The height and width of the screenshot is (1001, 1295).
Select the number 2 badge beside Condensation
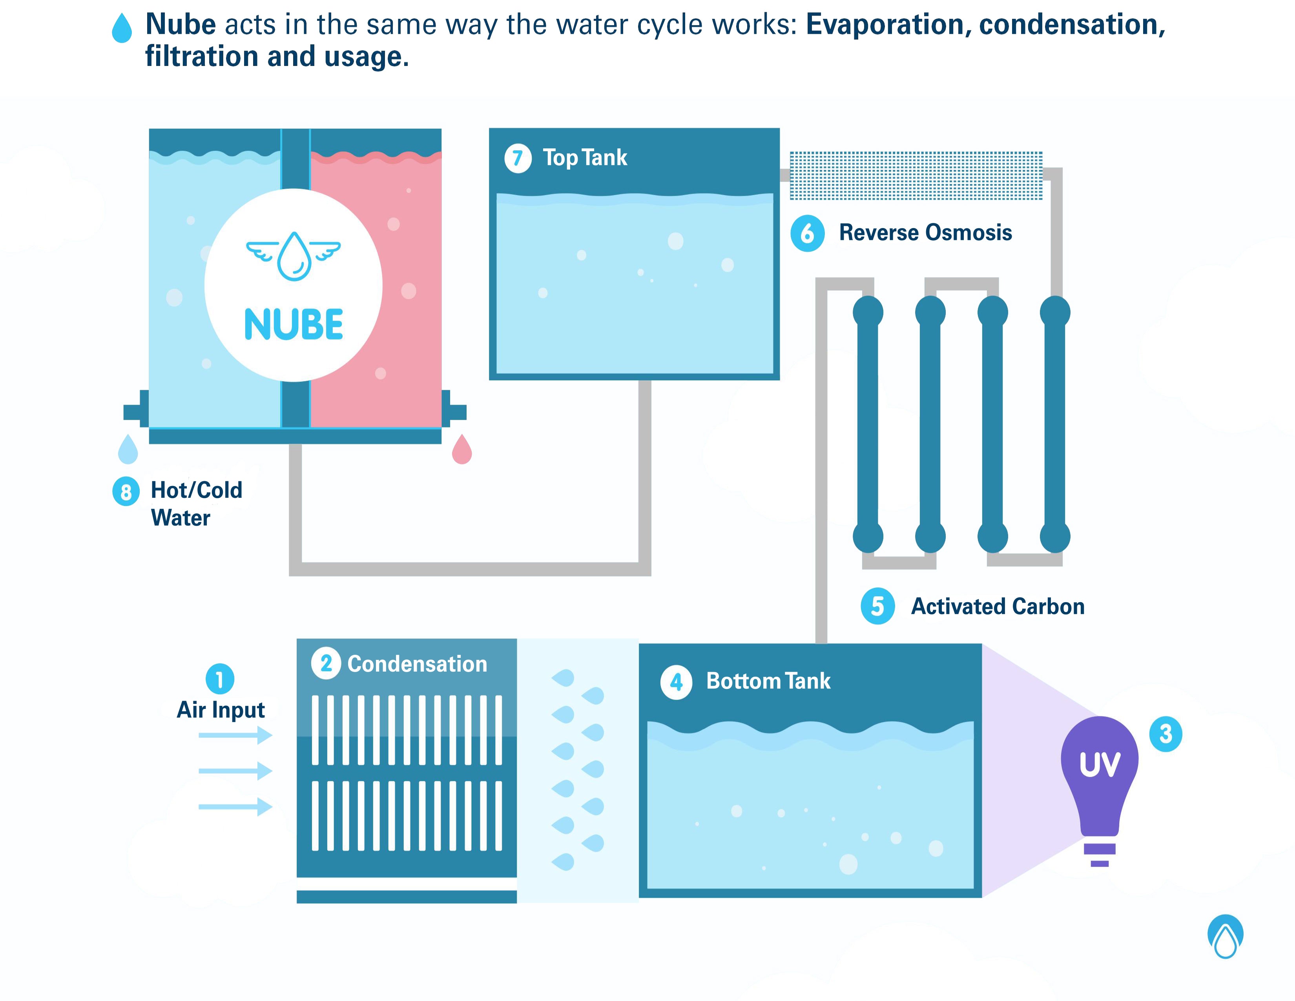coord(326,663)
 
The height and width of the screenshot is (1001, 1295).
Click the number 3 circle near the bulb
coord(1165,734)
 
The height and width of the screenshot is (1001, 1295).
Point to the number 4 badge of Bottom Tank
coord(676,683)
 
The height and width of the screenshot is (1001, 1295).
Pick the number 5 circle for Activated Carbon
coord(877,606)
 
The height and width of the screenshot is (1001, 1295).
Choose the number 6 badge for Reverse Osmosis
coord(807,233)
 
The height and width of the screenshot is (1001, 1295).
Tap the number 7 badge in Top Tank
coord(518,158)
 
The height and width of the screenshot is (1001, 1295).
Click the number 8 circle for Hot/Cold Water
coord(126,491)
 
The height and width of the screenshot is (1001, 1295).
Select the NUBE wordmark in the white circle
coord(294,324)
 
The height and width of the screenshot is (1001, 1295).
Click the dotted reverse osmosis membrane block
coord(916,175)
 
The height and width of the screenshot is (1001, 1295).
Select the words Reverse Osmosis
coord(925,232)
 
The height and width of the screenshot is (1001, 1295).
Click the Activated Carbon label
coord(997,606)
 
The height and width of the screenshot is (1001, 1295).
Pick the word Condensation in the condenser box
coord(417,663)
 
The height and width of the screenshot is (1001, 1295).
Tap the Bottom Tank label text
coord(768,681)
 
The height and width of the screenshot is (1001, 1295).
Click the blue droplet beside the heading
coord(122,29)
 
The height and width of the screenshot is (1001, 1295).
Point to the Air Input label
coord(221,709)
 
